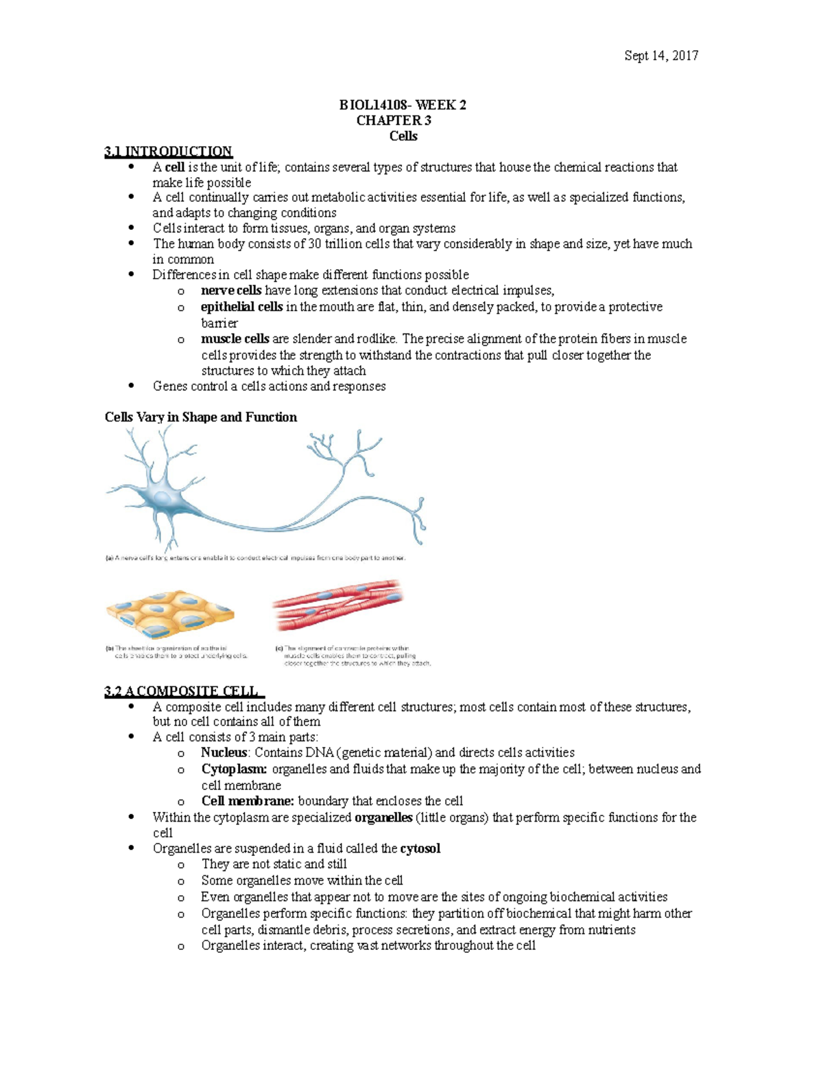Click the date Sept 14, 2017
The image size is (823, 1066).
pyautogui.click(x=660, y=56)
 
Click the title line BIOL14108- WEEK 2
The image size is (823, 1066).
pyautogui.click(x=403, y=105)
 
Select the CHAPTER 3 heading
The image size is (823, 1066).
pyautogui.click(x=393, y=121)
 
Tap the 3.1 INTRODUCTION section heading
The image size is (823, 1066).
pyautogui.click(x=168, y=152)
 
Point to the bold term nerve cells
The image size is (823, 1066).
pyautogui.click(x=230, y=290)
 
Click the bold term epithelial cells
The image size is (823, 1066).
pyautogui.click(x=241, y=307)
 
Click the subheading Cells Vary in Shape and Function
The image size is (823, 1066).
pyautogui.click(x=200, y=417)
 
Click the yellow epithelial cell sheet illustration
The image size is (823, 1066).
pyautogui.click(x=169, y=614)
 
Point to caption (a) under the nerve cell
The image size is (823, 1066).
pyautogui.click(x=255, y=558)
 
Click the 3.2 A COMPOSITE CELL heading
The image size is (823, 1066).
pyautogui.click(x=183, y=691)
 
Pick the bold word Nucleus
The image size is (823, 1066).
pyautogui.click(x=224, y=753)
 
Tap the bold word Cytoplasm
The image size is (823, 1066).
pyautogui.click(x=234, y=769)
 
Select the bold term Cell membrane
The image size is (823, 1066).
pyautogui.click(x=248, y=801)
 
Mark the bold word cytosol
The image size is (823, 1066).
pyautogui.click(x=420, y=848)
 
